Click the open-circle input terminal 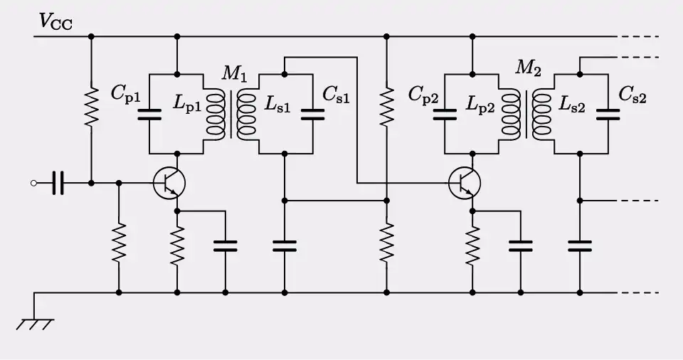point(33,184)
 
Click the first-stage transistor point(169,184)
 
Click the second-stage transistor point(465,184)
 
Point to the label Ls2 point(573,104)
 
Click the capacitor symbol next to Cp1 point(149,114)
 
